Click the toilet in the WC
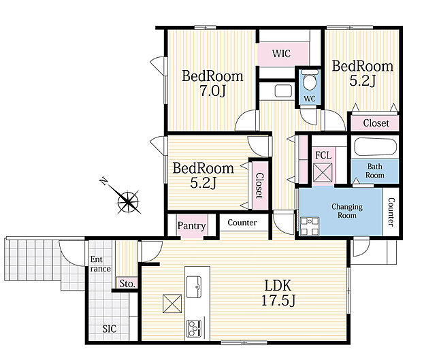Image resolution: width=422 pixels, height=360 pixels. tap(310, 80)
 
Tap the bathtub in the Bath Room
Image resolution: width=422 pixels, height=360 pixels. tap(376, 148)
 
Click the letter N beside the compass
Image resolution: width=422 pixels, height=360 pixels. tap(103, 181)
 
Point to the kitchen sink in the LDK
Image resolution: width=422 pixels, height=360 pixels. tap(194, 287)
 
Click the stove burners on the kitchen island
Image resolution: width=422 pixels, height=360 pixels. tap(194, 328)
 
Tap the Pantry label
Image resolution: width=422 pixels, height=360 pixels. tap(191, 225)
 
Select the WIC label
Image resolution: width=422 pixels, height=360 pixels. tap(281, 54)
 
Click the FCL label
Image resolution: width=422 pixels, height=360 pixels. tap(323, 155)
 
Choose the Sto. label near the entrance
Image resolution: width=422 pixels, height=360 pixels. tap(127, 284)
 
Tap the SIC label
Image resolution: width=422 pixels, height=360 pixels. tap(110, 329)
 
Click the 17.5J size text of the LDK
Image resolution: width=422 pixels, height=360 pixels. tap(278, 301)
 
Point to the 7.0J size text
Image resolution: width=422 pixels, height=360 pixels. tap(212, 91)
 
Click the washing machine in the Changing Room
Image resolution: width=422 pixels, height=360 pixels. tap(310, 226)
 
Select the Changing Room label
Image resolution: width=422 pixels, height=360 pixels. tap(347, 211)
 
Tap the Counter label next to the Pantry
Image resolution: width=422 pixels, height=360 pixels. tap(242, 223)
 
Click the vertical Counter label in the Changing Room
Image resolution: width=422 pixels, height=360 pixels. tap(391, 212)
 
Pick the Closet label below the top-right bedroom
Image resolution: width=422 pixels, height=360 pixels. tap(376, 123)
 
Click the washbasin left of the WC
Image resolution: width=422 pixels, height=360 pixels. tap(283, 91)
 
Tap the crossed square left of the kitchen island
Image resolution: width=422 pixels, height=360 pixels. tap(172, 304)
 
